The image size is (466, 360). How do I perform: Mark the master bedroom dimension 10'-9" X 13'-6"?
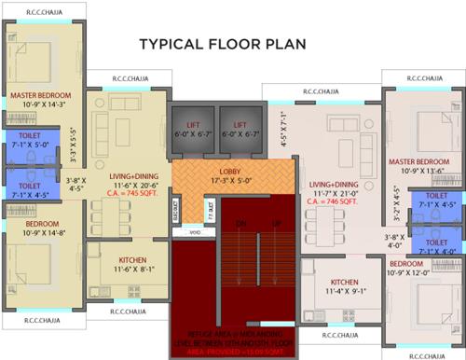pos(418,172)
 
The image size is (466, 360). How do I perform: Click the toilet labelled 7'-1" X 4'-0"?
pos(436,250)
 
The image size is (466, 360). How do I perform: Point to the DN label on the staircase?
pos(240,224)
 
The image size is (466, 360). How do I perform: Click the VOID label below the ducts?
pos(194,230)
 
